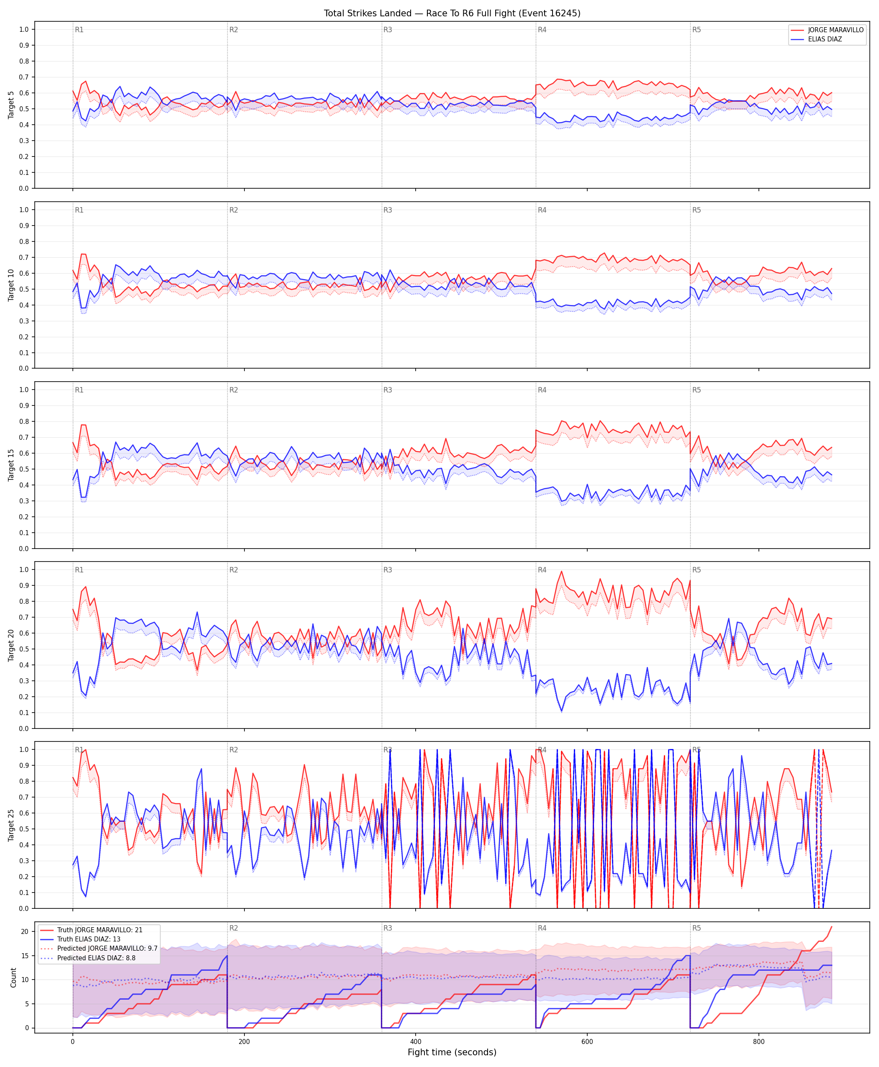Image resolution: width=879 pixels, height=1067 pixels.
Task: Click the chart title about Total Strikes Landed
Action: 452,13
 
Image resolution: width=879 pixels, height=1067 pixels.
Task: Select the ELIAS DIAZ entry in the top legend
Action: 825,39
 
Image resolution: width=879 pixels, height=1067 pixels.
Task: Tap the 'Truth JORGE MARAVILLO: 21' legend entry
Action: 100,930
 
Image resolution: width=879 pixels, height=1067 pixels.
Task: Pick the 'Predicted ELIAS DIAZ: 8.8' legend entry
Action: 96,958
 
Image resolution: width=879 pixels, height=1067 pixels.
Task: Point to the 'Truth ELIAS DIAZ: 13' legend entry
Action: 89,939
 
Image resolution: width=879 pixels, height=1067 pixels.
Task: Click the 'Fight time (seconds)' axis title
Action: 452,1052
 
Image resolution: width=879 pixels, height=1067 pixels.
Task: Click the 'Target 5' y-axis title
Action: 11,105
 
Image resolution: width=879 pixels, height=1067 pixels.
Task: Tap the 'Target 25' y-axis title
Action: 11,825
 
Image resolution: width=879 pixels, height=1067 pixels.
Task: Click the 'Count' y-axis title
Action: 13,977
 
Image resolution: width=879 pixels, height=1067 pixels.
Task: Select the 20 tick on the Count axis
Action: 24,931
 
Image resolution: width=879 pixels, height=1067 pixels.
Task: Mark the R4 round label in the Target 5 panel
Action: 542,30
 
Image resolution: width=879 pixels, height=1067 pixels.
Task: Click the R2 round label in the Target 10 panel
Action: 234,210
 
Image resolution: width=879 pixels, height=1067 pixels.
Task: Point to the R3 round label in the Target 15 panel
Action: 387,390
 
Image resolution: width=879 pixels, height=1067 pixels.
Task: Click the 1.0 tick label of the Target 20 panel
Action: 24,569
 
